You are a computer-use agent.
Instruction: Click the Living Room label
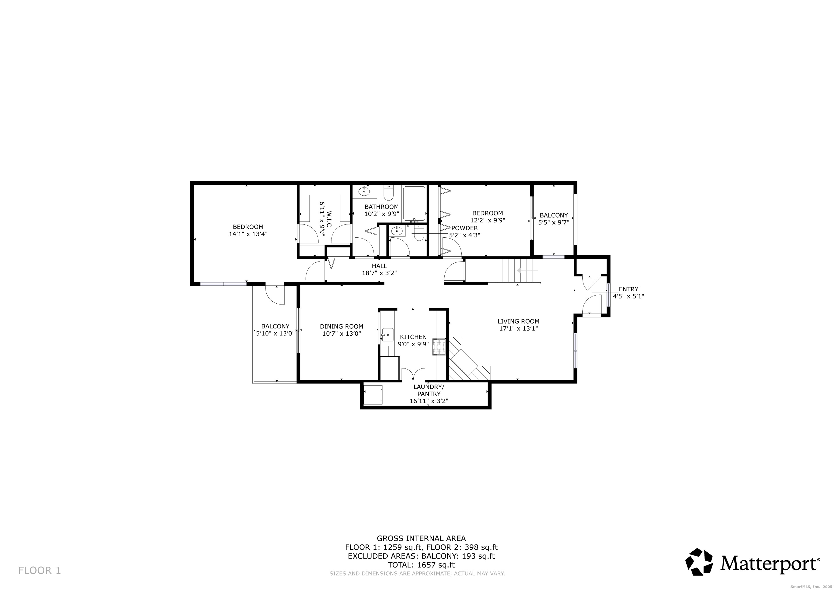click(x=518, y=321)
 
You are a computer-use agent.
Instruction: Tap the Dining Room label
click(x=342, y=326)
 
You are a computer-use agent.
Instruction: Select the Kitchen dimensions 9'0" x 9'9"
click(x=413, y=344)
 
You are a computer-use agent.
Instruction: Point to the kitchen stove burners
click(x=438, y=347)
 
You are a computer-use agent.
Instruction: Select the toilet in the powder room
click(x=419, y=234)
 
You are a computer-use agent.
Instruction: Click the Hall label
click(x=379, y=266)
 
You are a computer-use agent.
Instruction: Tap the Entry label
click(x=628, y=289)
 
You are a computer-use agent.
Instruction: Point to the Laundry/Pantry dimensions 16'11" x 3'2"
click(x=429, y=401)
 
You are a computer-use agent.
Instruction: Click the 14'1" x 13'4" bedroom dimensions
click(x=248, y=234)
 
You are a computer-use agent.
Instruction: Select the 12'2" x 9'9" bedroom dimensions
click(x=488, y=220)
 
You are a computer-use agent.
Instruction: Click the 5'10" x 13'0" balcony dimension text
click(x=275, y=333)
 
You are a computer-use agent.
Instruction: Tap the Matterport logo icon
click(x=699, y=562)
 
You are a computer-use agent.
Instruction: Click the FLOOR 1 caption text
click(x=39, y=570)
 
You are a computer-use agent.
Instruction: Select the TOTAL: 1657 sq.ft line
click(x=421, y=565)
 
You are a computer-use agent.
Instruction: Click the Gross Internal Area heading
click(x=421, y=538)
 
